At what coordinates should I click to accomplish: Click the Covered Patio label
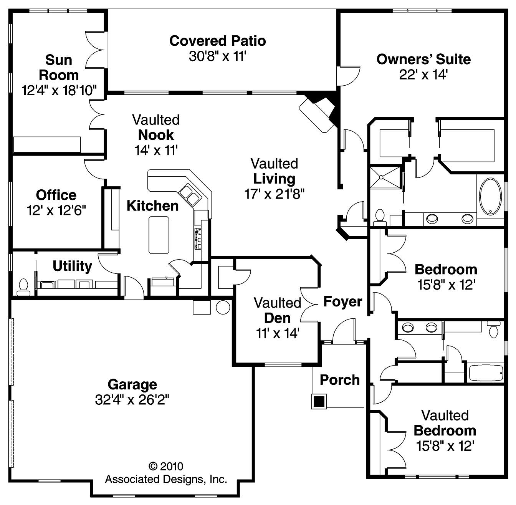(x=217, y=41)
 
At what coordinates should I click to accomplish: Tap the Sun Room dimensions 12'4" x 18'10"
(x=59, y=91)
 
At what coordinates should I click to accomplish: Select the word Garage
(x=132, y=384)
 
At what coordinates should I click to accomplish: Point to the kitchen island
(x=159, y=235)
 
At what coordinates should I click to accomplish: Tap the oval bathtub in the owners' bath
(x=490, y=196)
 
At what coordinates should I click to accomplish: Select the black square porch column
(x=319, y=401)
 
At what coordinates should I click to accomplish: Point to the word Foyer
(x=342, y=302)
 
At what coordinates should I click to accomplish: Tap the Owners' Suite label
(x=423, y=59)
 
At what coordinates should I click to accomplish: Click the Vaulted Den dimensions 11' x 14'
(x=278, y=333)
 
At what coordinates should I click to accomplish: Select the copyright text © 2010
(x=166, y=466)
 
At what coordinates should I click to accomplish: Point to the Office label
(x=56, y=195)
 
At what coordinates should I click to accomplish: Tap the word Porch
(x=340, y=380)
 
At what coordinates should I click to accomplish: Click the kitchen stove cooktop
(x=198, y=238)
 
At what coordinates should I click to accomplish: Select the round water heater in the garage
(x=223, y=307)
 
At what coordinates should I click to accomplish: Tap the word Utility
(x=72, y=266)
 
